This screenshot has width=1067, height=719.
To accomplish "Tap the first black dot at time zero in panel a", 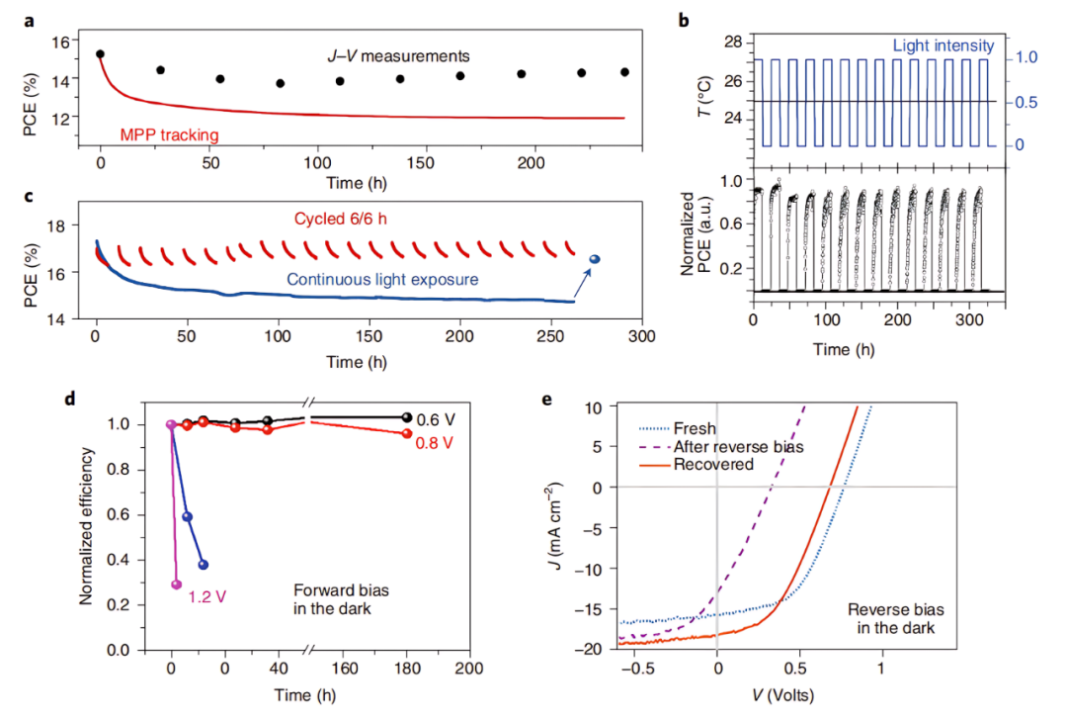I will point(100,54).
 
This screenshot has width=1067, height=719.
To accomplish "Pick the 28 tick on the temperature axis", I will point(732,42).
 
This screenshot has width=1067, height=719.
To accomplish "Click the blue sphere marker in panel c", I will point(595,259).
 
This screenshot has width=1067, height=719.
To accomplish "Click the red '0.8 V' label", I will point(433,442).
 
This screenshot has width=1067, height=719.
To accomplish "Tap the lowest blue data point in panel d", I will point(204,565).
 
